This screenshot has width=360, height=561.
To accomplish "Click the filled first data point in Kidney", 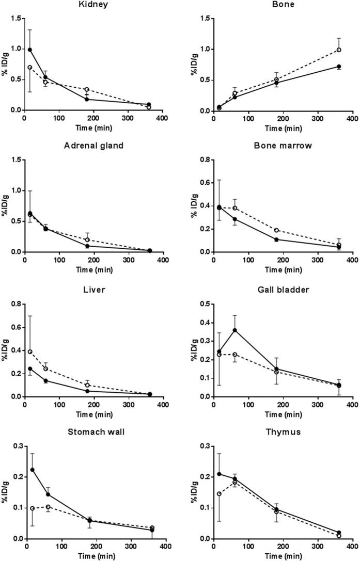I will tap(30, 50).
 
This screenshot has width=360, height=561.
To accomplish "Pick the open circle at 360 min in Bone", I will tap(339, 50).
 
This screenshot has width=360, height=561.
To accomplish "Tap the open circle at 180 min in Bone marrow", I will tap(276, 230).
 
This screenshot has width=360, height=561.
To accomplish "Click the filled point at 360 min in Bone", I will tap(339, 67).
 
